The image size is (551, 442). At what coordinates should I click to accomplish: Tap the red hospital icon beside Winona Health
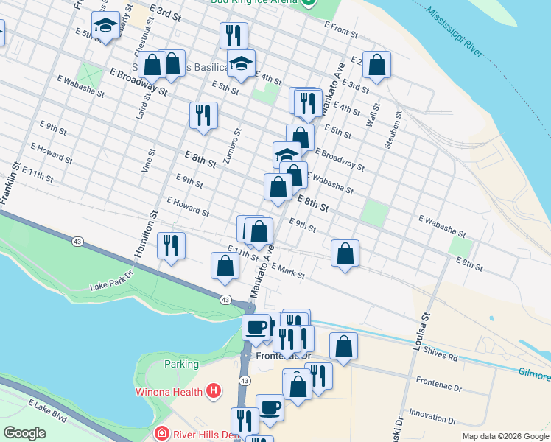tap(214, 390)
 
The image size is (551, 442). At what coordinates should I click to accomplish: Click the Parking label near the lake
tap(181, 364)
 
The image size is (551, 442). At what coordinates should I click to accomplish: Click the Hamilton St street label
tap(145, 234)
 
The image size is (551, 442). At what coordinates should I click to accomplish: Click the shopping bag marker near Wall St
tap(376, 65)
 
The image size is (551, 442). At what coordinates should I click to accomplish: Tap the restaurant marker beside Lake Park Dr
tap(171, 246)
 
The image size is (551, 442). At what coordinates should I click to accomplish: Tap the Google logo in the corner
tap(25, 432)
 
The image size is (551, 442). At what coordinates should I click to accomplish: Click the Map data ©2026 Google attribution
tap(505, 436)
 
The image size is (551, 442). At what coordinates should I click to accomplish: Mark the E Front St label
tap(341, 29)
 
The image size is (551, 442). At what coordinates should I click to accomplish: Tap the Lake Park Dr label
tap(110, 281)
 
